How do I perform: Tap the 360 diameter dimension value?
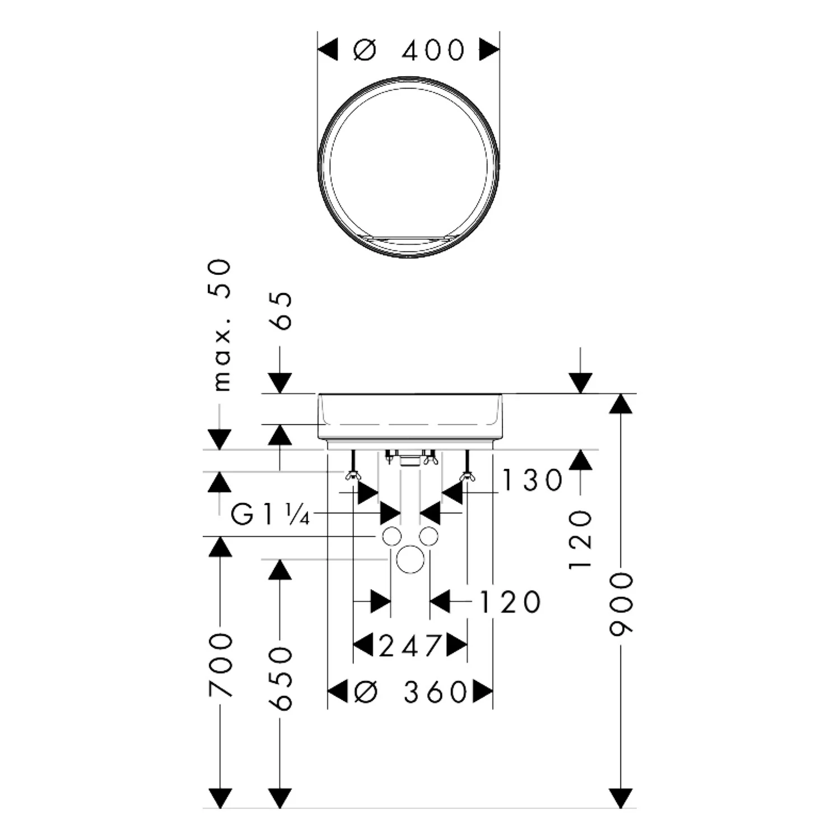tap(436, 692)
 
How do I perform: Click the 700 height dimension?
tap(220, 665)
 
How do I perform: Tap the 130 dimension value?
tap(532, 480)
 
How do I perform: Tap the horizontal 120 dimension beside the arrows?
tap(510, 602)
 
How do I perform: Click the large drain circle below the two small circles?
tap(410, 559)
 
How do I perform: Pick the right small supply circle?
tap(428, 536)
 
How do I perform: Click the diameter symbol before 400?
tap(365, 50)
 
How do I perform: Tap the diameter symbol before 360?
tap(367, 692)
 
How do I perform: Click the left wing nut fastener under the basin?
tap(352, 476)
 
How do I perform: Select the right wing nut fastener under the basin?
tap(466, 476)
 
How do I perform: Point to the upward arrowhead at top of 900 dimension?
tap(621, 404)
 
